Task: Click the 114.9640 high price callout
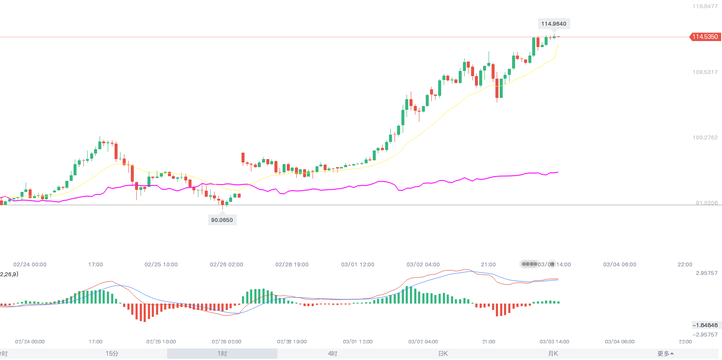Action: [554, 24]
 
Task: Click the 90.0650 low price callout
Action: [222, 220]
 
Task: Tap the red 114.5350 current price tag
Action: [705, 37]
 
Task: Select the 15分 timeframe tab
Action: [112, 354]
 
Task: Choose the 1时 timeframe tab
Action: [222, 354]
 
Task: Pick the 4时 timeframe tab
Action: [333, 354]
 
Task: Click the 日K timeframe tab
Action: [443, 354]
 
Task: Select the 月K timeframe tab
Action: [553, 354]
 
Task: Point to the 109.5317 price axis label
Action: [705, 72]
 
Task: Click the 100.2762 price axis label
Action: [705, 138]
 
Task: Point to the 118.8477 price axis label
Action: [705, 6]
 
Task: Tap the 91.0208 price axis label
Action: [707, 203]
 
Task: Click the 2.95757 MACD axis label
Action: [707, 273]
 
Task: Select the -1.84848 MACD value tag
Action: [706, 325]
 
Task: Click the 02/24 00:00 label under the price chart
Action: [30, 265]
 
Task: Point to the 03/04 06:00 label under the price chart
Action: [619, 265]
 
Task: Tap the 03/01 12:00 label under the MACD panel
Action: [358, 342]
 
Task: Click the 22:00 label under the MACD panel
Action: [685, 342]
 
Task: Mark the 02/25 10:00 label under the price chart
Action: [161, 265]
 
